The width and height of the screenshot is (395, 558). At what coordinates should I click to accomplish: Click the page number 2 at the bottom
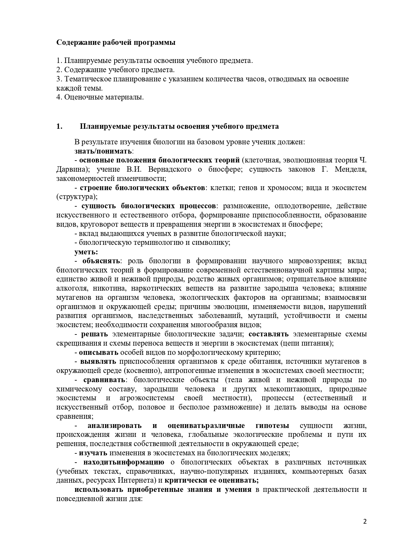coord(365,521)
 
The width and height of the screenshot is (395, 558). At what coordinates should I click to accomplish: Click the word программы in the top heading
coord(156,43)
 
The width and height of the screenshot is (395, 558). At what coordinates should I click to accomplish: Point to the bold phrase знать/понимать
coord(103,151)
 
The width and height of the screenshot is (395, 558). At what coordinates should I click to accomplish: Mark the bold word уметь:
coord(86,252)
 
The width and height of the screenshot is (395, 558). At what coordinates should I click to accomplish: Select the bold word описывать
coord(99,353)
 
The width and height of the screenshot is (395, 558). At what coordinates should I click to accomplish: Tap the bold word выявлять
coord(98,362)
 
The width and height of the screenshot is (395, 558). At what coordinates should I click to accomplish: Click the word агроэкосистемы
coord(147,398)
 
